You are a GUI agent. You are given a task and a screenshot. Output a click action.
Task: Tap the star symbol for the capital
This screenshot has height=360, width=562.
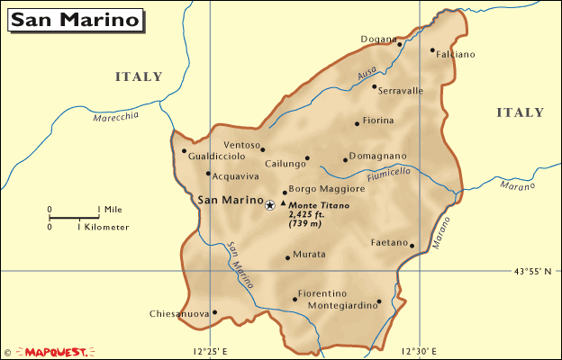tap(270, 205)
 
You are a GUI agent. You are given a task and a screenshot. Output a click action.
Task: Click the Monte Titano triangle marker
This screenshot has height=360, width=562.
tap(284, 203)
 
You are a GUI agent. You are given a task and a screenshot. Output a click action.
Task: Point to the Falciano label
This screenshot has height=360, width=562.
tap(456, 54)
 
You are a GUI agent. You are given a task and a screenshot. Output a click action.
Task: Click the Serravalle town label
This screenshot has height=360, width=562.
tap(401, 91)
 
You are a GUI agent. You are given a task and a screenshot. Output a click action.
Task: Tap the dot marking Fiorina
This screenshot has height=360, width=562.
tap(357, 123)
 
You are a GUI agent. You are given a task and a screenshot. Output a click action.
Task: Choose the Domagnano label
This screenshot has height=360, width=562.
tap(378, 156)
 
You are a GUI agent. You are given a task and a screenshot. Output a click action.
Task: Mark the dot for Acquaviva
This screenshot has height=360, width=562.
tap(208, 174)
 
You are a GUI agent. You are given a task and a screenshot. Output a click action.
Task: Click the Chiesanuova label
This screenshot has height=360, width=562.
tap(180, 314)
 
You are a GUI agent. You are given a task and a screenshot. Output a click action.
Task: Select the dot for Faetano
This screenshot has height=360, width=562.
tap(412, 245)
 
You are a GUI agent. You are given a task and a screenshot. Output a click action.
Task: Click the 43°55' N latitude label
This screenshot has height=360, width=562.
tap(532, 271)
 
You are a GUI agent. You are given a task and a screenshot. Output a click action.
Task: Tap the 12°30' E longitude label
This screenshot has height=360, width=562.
tap(421, 350)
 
